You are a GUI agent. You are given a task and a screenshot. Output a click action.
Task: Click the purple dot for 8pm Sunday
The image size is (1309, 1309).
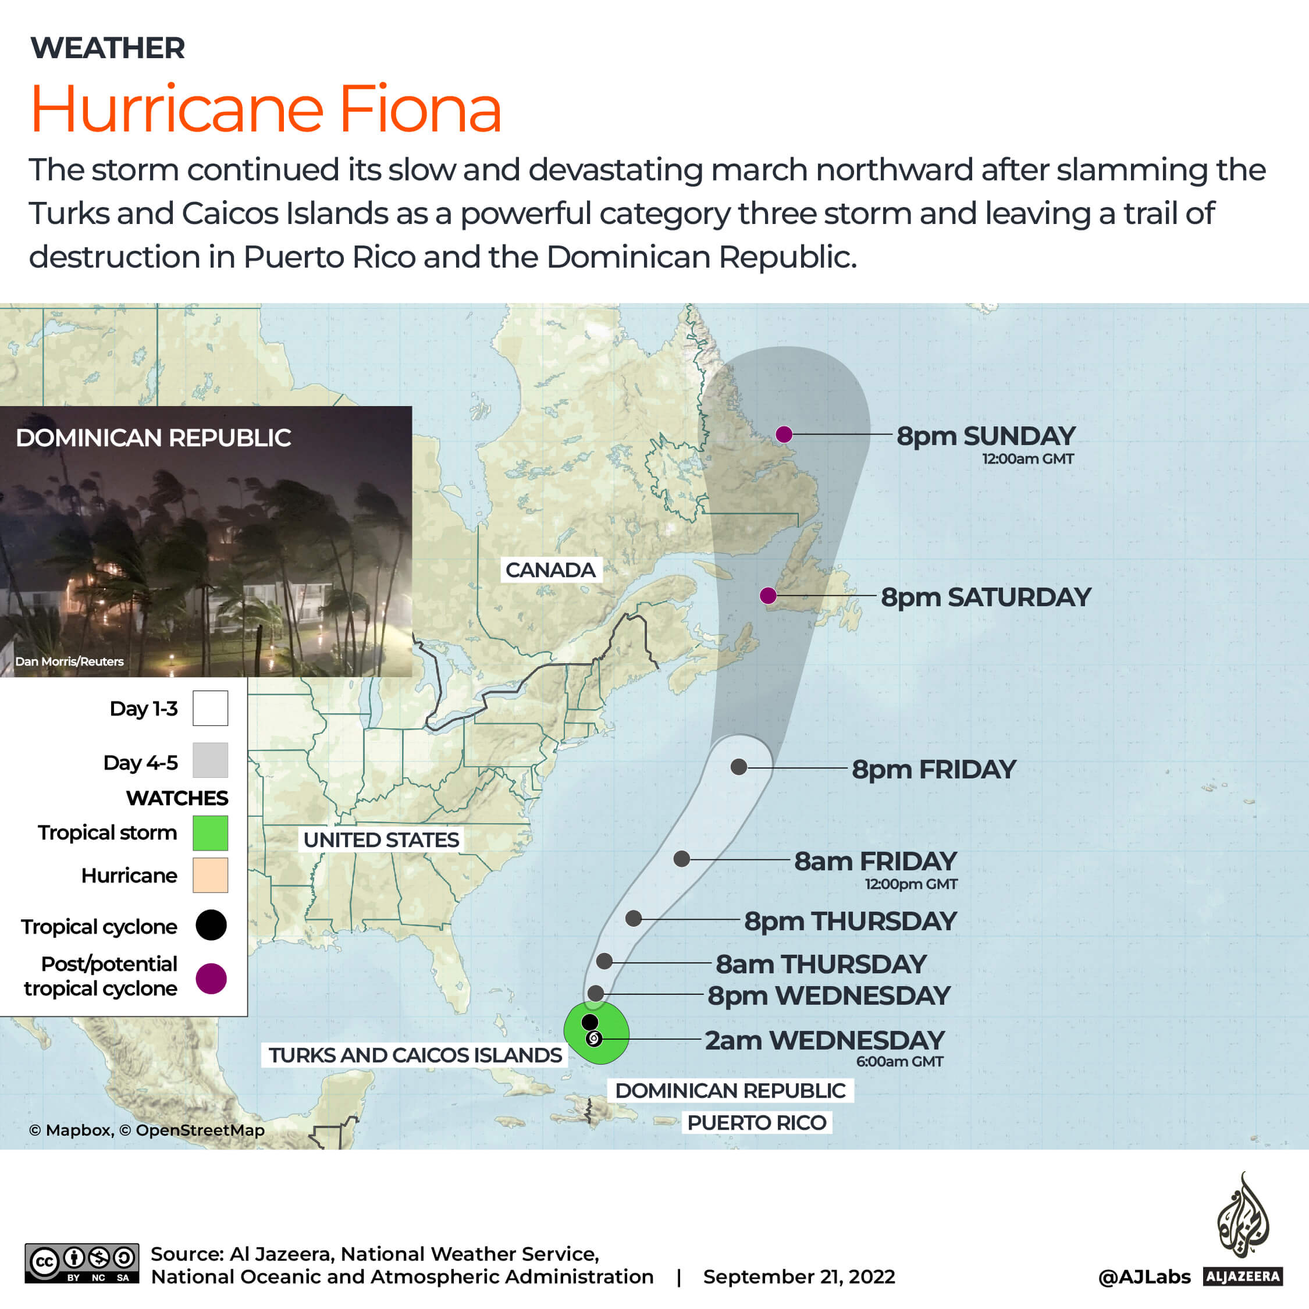point(784,435)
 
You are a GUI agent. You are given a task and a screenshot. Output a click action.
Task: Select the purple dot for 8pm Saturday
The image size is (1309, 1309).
point(767,596)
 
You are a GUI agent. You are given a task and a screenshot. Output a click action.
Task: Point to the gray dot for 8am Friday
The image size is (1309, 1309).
point(682,859)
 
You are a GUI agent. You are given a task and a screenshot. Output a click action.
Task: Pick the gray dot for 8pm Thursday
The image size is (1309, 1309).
point(634,919)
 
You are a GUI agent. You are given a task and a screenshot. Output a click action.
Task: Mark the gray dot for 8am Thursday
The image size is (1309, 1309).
point(604,961)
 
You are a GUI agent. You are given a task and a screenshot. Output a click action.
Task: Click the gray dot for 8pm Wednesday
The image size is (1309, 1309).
point(596,993)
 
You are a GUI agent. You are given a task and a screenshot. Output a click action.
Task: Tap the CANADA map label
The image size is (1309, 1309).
point(550,570)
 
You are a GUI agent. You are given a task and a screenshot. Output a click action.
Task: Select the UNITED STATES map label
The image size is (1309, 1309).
point(381,840)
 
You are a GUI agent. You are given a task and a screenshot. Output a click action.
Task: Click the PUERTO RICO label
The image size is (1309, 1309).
point(756,1123)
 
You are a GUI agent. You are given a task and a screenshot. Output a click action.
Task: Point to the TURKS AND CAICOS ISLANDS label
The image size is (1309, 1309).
point(415,1055)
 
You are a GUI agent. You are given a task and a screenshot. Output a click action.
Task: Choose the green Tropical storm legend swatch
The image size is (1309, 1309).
point(210,833)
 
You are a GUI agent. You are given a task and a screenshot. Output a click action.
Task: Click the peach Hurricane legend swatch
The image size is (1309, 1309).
point(210,876)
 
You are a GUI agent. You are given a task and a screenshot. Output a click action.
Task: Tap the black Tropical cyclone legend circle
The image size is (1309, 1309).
point(211,925)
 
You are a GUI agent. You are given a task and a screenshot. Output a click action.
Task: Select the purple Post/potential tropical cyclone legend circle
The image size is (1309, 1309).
point(211,979)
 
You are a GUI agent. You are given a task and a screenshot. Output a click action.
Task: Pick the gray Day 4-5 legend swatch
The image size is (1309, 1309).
point(210,760)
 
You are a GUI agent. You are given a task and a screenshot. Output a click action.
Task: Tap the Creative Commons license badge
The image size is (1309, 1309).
point(82,1263)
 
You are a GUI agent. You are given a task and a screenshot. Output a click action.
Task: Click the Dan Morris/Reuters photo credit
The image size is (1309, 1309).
point(70,661)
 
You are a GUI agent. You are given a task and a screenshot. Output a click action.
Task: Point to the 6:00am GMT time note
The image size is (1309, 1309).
point(899,1062)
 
